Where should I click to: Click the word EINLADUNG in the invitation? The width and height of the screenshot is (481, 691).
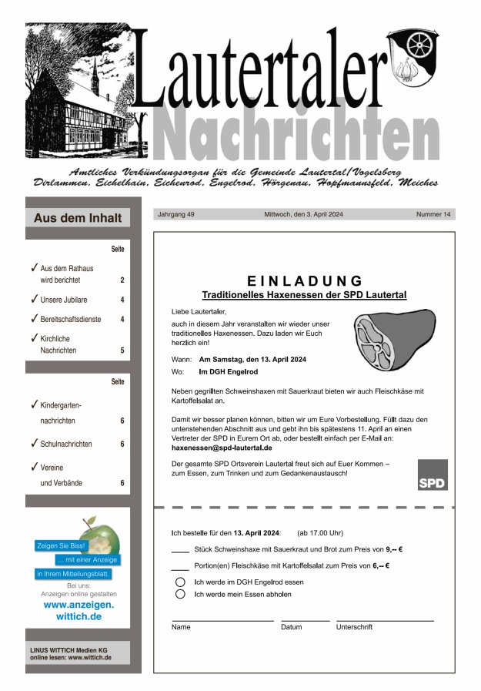click(305, 280)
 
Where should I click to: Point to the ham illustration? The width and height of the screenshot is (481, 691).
click(389, 340)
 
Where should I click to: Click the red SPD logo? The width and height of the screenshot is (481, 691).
click(433, 475)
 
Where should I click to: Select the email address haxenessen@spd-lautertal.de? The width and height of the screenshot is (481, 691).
click(222, 448)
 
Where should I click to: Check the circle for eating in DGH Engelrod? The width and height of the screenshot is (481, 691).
click(181, 582)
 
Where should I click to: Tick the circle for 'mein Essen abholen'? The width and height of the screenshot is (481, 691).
click(181, 595)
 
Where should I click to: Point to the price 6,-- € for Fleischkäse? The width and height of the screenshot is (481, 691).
click(381, 566)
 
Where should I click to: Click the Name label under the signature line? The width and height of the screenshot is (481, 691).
click(181, 627)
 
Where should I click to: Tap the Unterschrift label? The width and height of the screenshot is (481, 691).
click(354, 627)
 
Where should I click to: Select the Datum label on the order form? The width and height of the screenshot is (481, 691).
click(292, 627)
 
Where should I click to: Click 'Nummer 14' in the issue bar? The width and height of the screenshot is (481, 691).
click(433, 214)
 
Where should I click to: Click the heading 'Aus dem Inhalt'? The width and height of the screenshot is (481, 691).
click(78, 218)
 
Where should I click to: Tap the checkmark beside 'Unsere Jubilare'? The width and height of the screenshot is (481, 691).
click(35, 298)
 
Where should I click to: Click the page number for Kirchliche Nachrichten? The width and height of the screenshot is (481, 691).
click(122, 351)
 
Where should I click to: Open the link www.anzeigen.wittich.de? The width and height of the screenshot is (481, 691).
click(78, 611)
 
